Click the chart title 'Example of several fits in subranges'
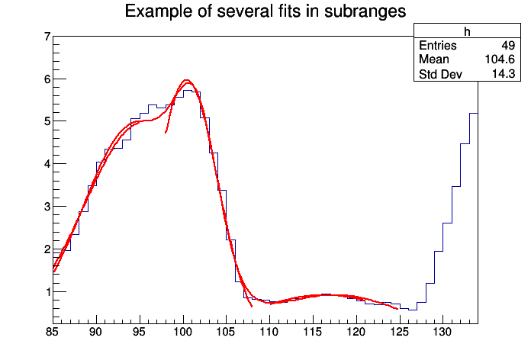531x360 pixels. click(265, 11)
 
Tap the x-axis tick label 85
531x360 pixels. click(53, 333)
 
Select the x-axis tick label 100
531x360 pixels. click(182, 333)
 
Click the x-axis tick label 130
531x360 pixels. click(443, 333)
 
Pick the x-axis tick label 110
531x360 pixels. click(269, 333)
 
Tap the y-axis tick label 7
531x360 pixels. click(47, 37)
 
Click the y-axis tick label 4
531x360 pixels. click(47, 164)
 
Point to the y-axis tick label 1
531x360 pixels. click(47, 291)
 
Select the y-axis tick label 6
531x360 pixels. click(47, 79)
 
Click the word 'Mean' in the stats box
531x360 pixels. click(434, 59)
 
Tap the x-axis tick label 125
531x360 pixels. click(399, 333)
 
